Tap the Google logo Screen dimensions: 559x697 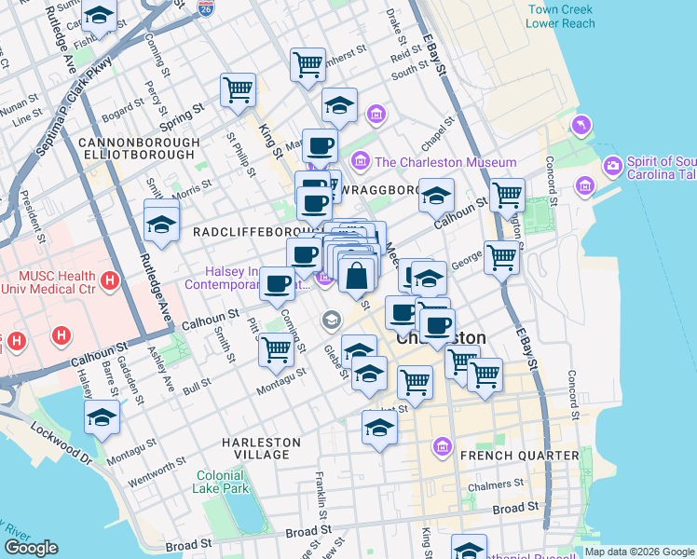pos(31,548)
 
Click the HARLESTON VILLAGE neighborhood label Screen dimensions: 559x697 pos(261,448)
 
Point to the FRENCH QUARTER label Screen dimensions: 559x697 pos(519,456)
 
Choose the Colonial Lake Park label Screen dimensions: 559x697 pos(222,481)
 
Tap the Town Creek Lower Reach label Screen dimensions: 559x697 pos(562,17)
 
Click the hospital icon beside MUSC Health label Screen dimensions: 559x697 pos(110,279)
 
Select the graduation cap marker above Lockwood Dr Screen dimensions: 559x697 pos(102,418)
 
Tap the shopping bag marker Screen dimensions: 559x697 pos(358,275)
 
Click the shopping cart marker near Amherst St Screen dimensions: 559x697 pos(307,64)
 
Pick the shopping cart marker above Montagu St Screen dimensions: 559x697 pos(276,349)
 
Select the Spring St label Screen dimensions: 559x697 pos(181,117)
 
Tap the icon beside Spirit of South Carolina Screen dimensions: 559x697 pos(612,167)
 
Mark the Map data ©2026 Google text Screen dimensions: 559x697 pos(639,552)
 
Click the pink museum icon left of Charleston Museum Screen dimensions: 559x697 pos(360,162)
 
